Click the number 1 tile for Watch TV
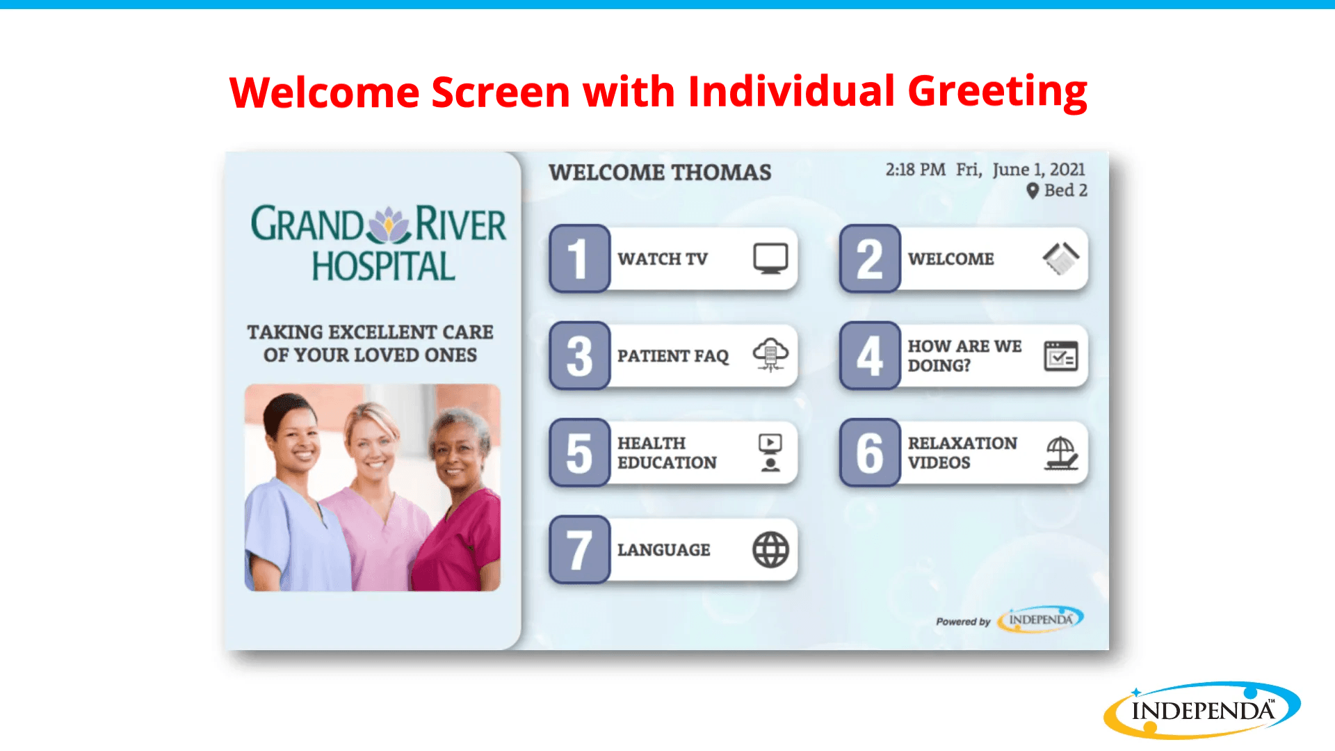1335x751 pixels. [579, 259]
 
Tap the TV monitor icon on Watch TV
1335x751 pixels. [770, 259]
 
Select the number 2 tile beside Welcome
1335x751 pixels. [870, 259]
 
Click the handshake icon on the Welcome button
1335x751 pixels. [1061, 259]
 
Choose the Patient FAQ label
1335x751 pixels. [673, 356]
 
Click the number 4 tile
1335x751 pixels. [870, 355]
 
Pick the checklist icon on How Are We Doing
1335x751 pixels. [1061, 356]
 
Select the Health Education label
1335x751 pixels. [667, 453]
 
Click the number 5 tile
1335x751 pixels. [579, 453]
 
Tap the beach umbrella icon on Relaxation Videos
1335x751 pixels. [1061, 453]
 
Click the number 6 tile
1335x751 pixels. [870, 453]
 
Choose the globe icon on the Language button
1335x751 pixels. [770, 550]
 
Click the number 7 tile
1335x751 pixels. [579, 550]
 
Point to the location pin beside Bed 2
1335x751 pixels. [1033, 191]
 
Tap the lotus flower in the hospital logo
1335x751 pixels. [389, 225]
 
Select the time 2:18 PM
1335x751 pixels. [915, 170]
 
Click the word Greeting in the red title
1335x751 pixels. [997, 92]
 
